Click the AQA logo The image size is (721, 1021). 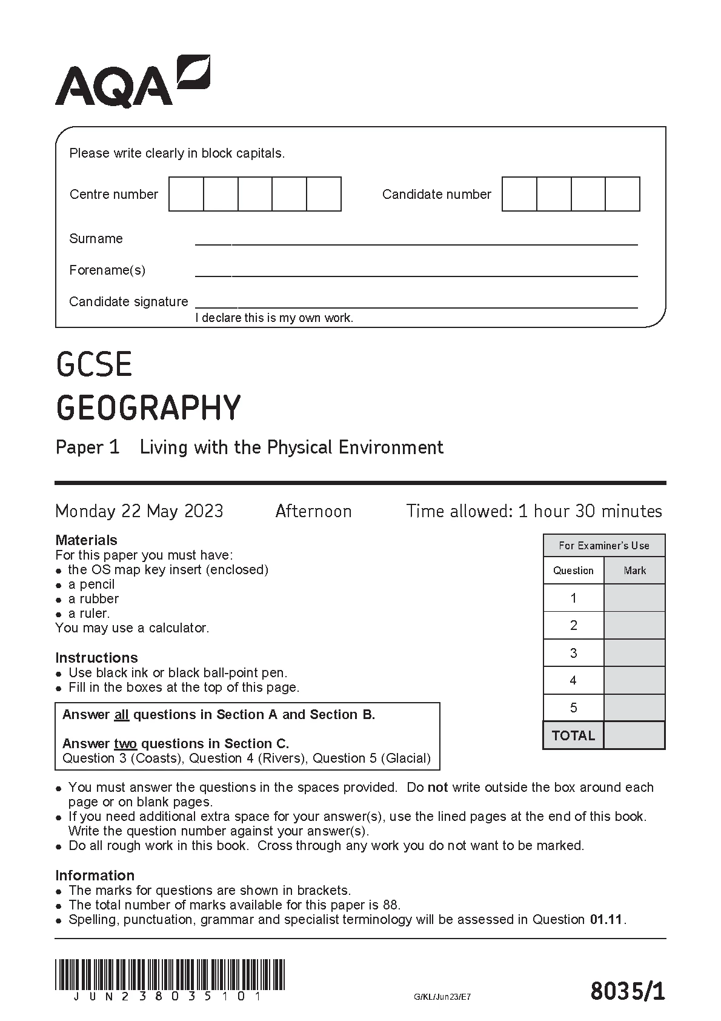point(132,82)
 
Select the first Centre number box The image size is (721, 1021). point(186,194)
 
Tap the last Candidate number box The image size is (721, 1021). point(622,194)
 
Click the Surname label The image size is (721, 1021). point(96,238)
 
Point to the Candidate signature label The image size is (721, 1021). point(128,301)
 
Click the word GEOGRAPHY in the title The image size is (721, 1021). point(148,407)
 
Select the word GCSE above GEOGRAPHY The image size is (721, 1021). point(94,365)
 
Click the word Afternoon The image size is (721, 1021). point(313,511)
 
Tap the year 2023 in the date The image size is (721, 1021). point(204,511)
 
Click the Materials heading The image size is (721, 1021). point(86,540)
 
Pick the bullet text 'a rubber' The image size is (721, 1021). point(93,598)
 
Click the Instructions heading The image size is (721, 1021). point(96,657)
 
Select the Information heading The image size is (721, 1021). point(95,875)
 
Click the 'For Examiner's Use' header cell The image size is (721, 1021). point(603,546)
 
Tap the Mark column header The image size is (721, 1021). point(634,571)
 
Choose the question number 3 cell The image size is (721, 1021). point(573,653)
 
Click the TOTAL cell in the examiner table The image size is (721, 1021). point(573,735)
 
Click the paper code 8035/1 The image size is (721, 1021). point(627,992)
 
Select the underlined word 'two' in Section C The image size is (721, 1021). point(125,743)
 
